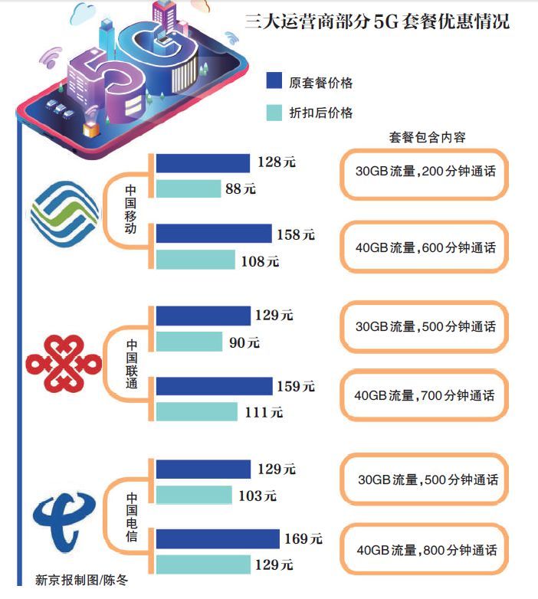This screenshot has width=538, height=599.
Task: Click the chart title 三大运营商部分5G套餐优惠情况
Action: (376, 21)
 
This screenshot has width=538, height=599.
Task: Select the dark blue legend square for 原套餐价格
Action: (274, 82)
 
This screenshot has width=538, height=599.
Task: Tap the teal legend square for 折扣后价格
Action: (274, 112)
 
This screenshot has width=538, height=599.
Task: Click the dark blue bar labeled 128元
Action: (203, 162)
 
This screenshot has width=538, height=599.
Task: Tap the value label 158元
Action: (295, 234)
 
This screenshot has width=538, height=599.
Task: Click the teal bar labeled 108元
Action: (195, 260)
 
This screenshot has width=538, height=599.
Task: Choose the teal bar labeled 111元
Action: (196, 411)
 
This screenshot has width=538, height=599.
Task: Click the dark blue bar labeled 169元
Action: (218, 538)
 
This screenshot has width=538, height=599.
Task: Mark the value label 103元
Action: (257, 496)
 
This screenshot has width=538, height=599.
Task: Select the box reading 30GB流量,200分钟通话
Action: (425, 172)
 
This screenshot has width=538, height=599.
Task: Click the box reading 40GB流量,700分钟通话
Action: (425, 397)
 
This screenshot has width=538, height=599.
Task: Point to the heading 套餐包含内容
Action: (427, 137)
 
